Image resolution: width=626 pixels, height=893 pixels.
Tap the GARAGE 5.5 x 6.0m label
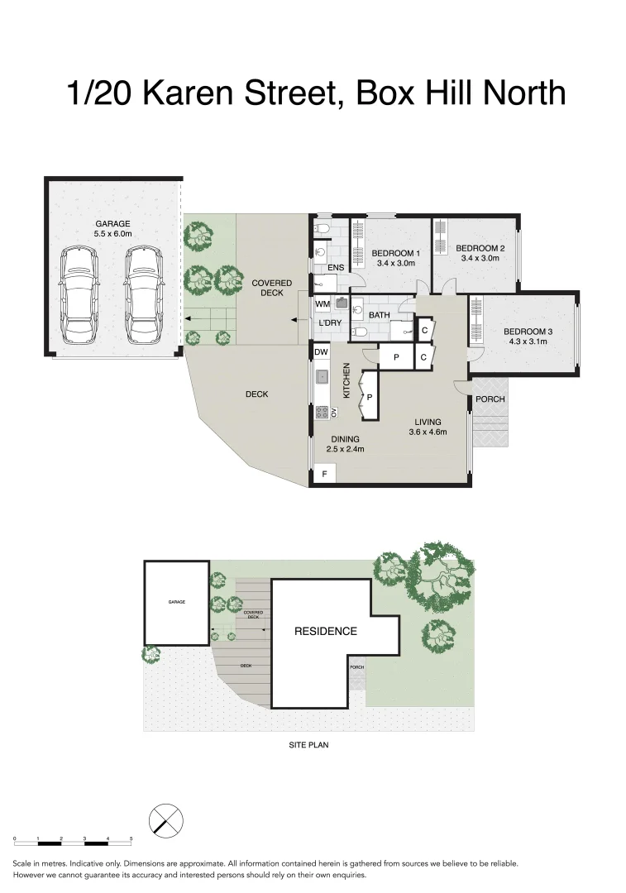113,228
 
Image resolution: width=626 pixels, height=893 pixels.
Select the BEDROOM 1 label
395,258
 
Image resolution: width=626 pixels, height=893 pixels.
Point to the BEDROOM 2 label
480,253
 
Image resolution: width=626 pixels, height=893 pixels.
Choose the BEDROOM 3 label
528,337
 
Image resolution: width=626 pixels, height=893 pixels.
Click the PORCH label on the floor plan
490,399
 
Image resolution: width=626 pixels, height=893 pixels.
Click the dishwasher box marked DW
321,352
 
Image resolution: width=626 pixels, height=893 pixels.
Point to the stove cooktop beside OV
321,412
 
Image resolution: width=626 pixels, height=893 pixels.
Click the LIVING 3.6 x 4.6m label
428,427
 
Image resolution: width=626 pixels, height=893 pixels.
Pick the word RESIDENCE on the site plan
326,631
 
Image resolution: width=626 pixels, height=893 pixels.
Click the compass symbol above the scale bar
165,821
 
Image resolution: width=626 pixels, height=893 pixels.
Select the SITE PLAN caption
309,744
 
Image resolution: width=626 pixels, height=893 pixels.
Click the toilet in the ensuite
324,227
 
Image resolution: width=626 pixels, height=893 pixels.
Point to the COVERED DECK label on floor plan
272,288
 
